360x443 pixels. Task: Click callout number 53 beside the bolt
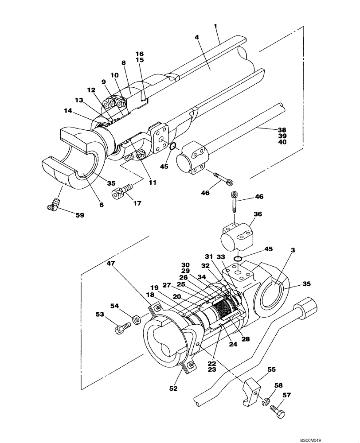100,314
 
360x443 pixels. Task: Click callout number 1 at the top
215,26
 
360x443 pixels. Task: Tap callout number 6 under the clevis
102,205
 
